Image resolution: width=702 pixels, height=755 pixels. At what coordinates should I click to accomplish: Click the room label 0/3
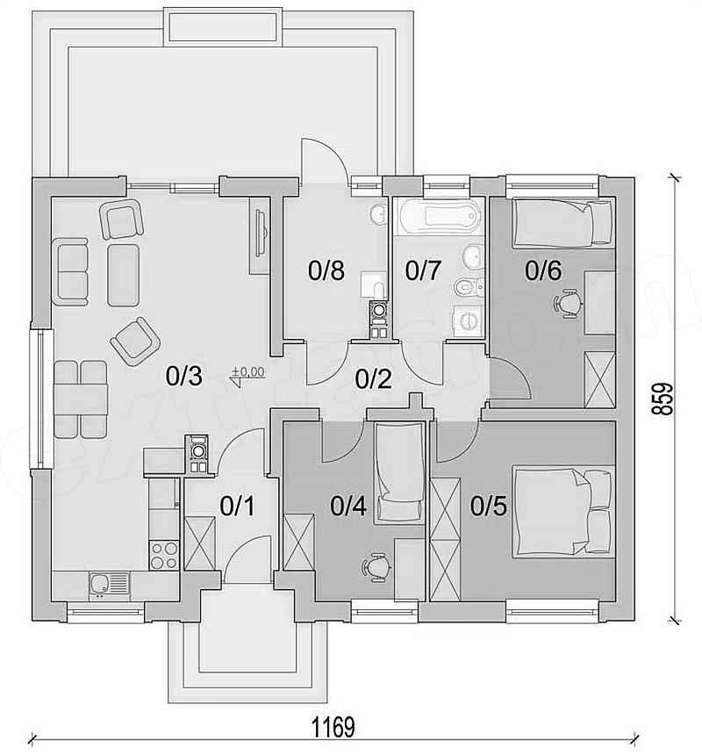pos(183,376)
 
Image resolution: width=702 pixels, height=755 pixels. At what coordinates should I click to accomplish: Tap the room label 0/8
pos(326,270)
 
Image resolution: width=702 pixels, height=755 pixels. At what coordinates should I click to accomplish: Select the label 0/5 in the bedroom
pos(489,506)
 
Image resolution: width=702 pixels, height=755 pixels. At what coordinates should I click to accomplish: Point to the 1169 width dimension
pos(333,728)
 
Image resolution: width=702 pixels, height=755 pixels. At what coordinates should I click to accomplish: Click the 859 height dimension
pos(662,399)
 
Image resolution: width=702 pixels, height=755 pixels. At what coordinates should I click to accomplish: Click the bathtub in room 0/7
pos(437,217)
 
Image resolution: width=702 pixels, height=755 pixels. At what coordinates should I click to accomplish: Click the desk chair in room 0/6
pos(568,304)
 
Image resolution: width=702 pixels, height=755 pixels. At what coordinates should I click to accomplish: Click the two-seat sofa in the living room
pos(72,271)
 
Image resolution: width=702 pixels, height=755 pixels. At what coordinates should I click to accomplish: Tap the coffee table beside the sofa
pos(123,275)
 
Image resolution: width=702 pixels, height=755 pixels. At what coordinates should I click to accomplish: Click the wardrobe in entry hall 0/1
pos(199,543)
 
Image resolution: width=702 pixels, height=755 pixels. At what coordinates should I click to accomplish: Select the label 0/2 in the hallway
pos(373,379)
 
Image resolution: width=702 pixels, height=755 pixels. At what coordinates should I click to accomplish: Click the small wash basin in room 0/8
pos(378,213)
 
